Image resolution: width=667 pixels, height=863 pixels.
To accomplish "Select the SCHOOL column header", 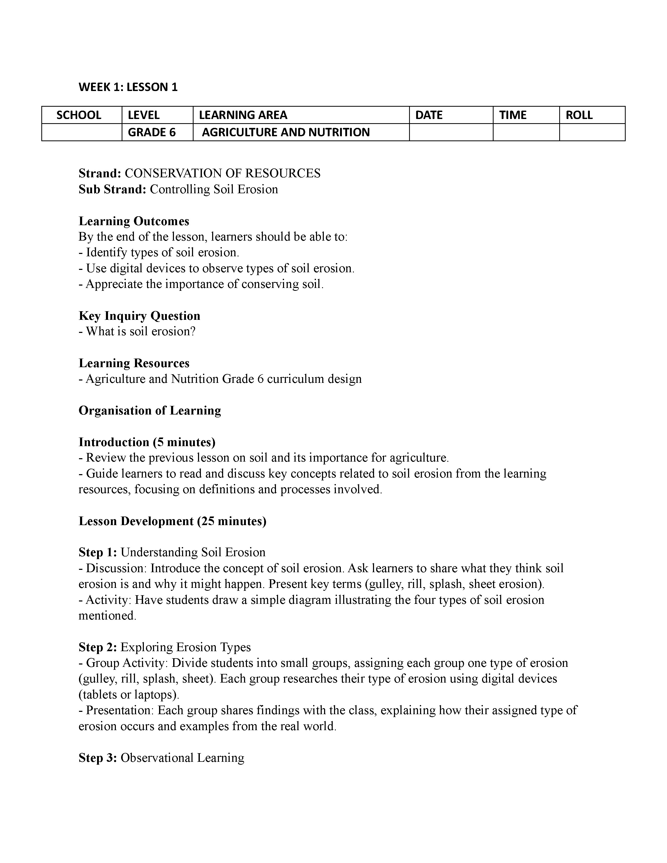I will [x=79, y=115].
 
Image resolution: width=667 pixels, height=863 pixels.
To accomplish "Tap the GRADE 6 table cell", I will [x=152, y=132].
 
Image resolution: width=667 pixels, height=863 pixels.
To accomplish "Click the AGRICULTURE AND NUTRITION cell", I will [x=285, y=132].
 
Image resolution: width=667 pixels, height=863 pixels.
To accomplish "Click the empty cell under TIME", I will [x=526, y=132].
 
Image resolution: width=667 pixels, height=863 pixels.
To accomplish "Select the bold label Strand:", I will [x=100, y=173].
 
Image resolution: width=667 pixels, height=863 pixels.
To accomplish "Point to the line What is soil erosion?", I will [x=140, y=331].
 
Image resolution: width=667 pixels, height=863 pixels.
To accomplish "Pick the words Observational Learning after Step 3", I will [x=182, y=758].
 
